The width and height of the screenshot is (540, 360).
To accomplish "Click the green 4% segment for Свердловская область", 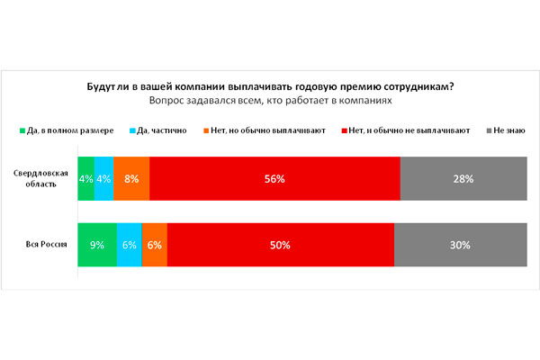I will point(85,179).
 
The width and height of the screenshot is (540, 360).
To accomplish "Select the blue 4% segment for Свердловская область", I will point(103,179).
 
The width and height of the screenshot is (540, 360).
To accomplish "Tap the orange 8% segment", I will point(131,179).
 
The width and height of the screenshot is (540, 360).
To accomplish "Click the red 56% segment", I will point(274,179).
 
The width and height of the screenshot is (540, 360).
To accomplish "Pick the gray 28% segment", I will point(463,179).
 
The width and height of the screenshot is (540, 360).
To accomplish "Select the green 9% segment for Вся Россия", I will point(97,244).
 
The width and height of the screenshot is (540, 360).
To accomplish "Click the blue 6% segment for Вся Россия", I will point(129,244).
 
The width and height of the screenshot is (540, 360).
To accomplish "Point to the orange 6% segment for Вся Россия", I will point(154,244).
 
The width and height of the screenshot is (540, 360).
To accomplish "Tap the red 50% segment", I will point(280,244).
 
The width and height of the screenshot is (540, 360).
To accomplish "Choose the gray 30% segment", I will point(460,244).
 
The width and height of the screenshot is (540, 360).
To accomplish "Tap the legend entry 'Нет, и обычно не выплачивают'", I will point(405,131).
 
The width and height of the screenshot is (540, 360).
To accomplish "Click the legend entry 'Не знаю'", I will point(510,131).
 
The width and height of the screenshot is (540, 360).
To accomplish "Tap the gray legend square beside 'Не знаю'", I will point(489,131).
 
